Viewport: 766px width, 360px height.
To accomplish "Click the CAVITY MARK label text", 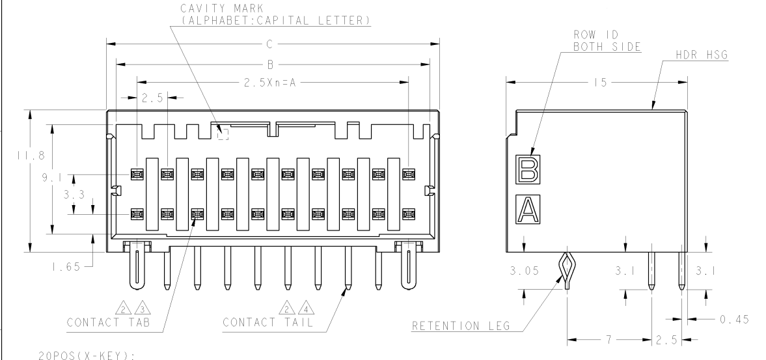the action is (222, 8).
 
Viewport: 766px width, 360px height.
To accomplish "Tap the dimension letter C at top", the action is (269, 44).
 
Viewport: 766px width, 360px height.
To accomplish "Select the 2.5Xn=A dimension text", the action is (270, 83).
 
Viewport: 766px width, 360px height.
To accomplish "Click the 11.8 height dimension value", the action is (31, 156).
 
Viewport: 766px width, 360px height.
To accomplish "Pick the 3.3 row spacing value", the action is (74, 195).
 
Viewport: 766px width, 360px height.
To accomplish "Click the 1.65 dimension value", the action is (66, 267).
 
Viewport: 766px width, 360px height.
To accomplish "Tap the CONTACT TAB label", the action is (109, 322).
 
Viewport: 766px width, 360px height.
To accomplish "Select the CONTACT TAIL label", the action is (267, 322).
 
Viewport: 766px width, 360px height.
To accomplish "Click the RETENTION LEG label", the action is (461, 325).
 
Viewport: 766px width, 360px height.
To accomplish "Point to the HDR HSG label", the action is (702, 55).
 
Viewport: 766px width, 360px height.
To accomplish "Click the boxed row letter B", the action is (528, 169).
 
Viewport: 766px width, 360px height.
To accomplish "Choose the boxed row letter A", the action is (528, 210).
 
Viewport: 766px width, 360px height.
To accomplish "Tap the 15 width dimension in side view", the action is (601, 83).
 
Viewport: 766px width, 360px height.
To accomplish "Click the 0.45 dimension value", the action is (734, 320).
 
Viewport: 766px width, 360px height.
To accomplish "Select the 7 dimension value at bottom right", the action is (609, 339).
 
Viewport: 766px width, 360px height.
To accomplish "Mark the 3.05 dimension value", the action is (525, 271).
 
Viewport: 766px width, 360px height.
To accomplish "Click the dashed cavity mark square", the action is (223, 134).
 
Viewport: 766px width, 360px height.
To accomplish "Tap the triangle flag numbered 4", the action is (306, 308).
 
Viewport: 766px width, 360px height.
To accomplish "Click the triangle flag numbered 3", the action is (142, 308).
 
